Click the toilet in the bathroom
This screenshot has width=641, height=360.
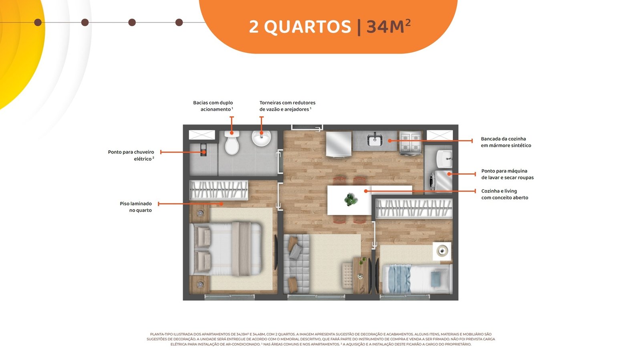point(232,143)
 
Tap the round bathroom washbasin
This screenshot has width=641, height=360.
point(261,138)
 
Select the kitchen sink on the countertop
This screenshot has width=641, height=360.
point(375,140)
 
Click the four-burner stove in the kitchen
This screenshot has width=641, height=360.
point(410,142)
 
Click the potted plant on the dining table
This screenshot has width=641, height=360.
point(351,199)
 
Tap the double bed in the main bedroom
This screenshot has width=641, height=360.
point(226,249)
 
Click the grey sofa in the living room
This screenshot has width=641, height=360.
point(296,263)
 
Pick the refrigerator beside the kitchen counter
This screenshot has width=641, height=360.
point(339,144)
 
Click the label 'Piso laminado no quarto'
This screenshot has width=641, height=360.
point(136,207)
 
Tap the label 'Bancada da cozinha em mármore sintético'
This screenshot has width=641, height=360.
point(506,142)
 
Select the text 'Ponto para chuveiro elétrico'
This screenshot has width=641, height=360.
point(131,155)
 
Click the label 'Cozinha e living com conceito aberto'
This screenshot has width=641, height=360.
point(504,194)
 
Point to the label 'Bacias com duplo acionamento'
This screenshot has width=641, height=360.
point(213,106)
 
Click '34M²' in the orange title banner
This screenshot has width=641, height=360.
point(389,26)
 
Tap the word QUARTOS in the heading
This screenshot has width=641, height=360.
point(307,27)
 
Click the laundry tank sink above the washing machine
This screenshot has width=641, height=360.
point(444,159)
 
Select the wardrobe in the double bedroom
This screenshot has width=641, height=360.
point(219,190)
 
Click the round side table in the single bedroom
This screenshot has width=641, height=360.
point(442,251)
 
